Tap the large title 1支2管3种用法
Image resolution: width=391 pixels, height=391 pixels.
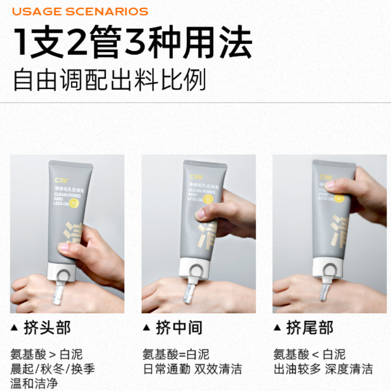point(132,43)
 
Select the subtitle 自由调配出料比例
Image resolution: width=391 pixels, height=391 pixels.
point(109,80)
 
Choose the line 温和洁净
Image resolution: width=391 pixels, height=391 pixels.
point(34,383)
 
